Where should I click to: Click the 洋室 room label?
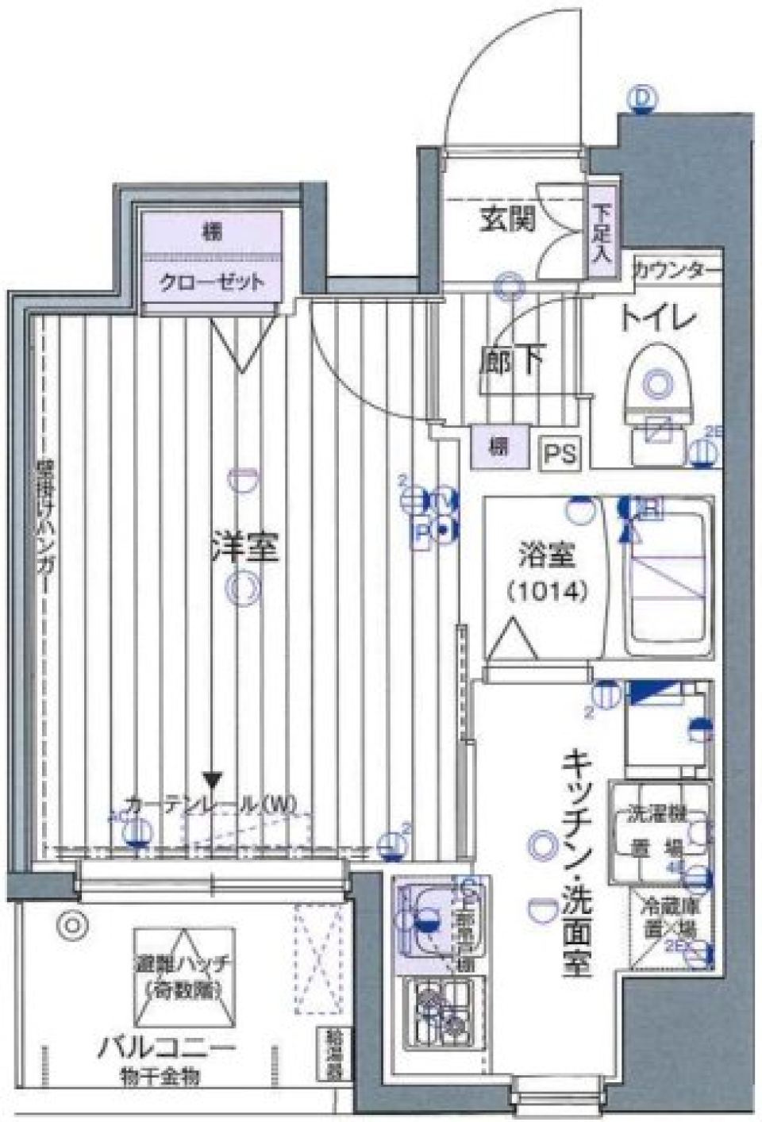244,548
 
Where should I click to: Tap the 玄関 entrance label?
506,219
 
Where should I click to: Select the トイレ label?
657,320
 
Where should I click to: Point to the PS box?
562,454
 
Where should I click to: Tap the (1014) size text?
547,591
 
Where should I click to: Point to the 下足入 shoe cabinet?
602,234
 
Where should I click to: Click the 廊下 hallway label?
511,361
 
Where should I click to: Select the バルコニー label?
167,1049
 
